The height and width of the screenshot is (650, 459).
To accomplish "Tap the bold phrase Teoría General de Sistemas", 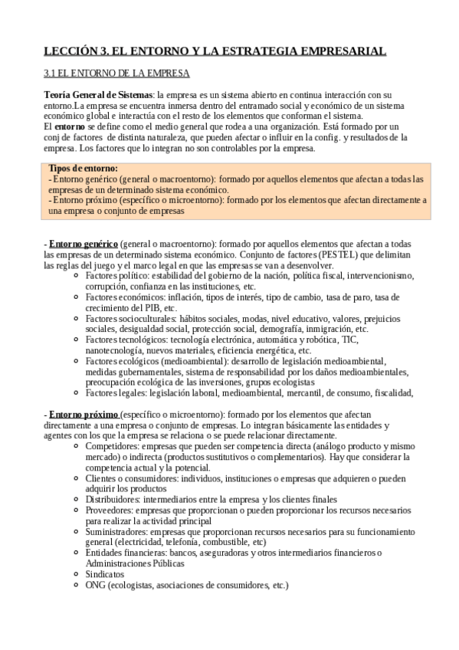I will tap(98, 94).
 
